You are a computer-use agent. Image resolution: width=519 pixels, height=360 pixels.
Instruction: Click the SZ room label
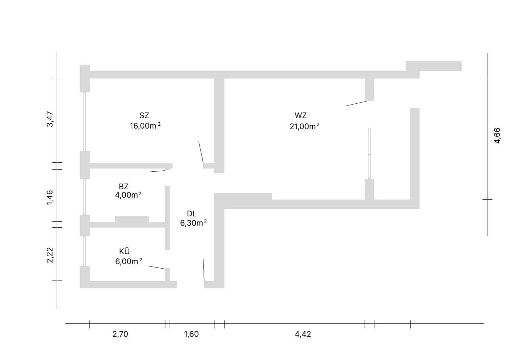coord(144,116)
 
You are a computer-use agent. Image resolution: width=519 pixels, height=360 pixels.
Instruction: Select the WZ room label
coord(300,116)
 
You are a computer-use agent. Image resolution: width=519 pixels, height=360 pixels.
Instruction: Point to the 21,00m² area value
coord(304,126)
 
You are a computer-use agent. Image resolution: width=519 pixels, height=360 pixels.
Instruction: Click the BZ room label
coord(124,187)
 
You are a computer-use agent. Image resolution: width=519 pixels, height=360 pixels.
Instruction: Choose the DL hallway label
coord(192,214)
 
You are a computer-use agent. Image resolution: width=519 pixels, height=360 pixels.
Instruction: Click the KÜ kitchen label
coord(124,251)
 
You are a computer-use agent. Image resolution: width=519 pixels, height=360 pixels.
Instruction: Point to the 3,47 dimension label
coord(50,119)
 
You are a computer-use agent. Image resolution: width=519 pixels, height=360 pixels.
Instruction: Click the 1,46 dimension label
coord(50,197)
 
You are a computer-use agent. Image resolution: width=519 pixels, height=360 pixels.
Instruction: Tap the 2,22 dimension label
coord(50,255)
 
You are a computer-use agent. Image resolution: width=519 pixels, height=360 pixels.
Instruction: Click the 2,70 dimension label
coord(120,334)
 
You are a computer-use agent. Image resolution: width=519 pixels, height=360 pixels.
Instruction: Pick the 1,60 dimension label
coord(192,334)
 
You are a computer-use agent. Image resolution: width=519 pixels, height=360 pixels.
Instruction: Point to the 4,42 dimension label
coord(303,334)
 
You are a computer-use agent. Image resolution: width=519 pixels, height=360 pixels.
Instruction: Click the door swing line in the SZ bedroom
coord(201,152)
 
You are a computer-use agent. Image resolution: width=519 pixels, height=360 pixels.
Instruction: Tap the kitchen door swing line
coord(157,268)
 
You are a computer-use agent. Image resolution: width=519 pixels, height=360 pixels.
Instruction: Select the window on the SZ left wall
coord(85,122)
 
